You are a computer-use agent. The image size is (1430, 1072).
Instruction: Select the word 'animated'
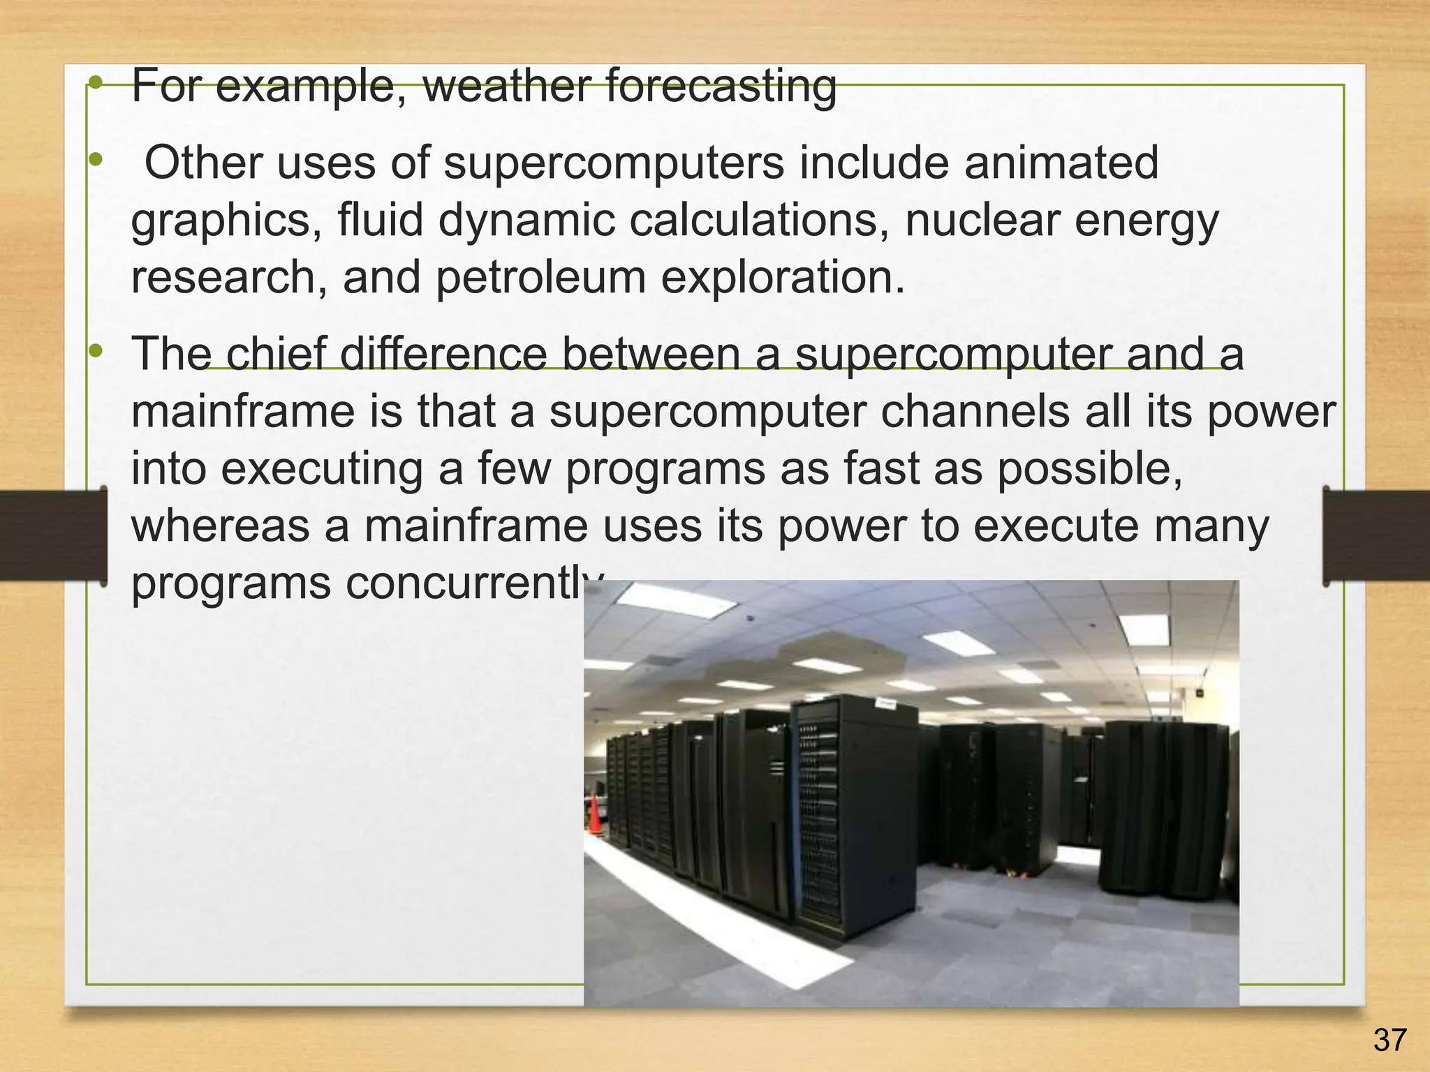[1061, 163]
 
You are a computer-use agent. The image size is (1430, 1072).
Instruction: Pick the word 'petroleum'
[541, 278]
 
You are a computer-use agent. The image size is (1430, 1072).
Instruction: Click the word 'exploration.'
[782, 278]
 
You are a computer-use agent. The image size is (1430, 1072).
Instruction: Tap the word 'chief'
[275, 353]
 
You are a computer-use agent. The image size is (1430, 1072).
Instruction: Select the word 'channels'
[975, 411]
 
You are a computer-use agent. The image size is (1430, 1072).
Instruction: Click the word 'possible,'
[1089, 469]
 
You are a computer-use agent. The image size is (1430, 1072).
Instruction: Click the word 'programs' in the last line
[230, 584]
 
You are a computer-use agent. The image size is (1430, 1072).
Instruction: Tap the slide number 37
[1389, 1041]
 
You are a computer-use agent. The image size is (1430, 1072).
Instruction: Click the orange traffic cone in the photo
[595, 814]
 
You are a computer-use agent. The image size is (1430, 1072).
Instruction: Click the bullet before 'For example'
[96, 84]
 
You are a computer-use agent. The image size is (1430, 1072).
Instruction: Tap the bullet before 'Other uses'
[96, 161]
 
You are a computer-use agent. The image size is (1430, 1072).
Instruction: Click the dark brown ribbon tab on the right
[1376, 536]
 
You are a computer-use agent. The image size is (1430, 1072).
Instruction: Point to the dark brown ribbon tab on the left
[53, 536]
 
